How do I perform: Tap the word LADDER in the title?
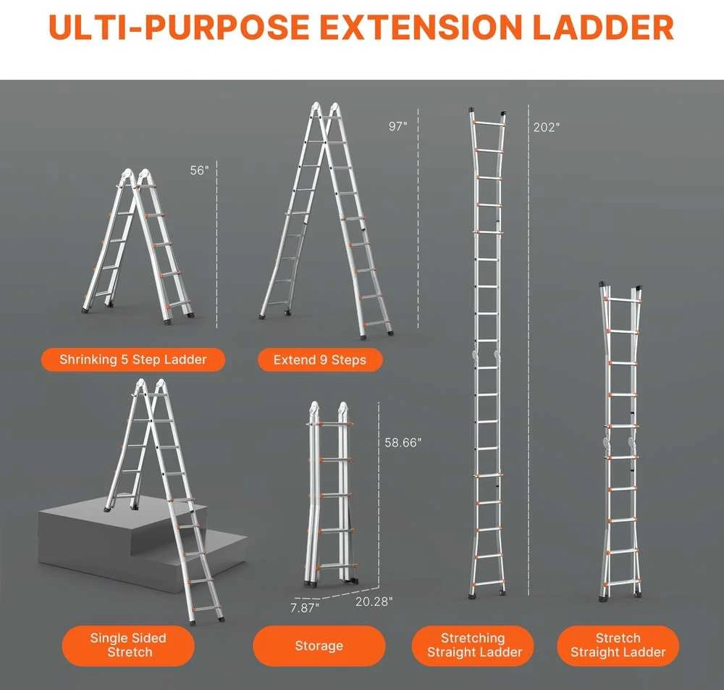[x=603, y=27]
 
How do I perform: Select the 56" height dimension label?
[x=200, y=170]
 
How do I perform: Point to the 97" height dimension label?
[x=398, y=126]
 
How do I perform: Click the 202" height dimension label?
[x=547, y=127]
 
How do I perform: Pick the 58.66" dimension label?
[x=403, y=442]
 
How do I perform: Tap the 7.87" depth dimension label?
[x=305, y=607]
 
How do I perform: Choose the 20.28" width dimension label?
[x=374, y=602]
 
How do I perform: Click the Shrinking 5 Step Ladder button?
[x=133, y=359]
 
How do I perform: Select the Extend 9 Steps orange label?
[x=320, y=360]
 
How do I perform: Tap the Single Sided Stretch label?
[x=128, y=645]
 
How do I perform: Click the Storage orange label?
[x=319, y=645]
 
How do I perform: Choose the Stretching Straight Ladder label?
[x=473, y=645]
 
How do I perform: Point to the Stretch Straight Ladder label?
[x=618, y=645]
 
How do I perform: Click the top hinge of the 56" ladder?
[x=136, y=177]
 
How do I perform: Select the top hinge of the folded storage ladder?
[x=328, y=410]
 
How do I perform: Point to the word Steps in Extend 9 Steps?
[x=349, y=360]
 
